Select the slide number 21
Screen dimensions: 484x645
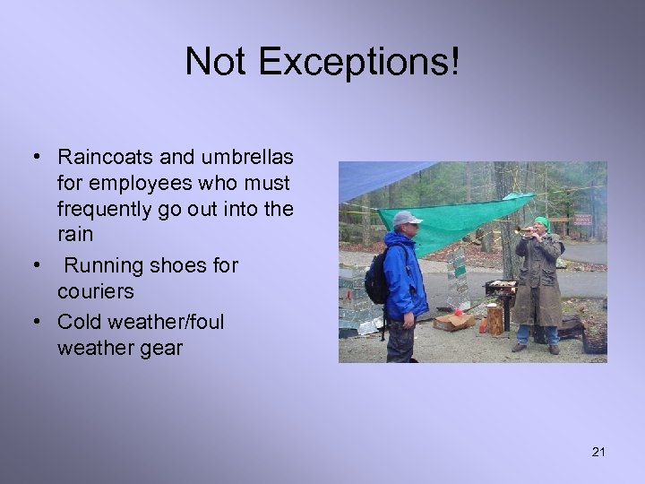coord(598,452)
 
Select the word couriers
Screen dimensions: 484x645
coord(95,292)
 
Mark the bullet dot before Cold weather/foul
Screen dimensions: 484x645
coord(35,320)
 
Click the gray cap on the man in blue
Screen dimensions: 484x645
coord(406,218)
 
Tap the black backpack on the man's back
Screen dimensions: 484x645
coord(377,280)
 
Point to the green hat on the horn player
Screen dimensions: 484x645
coord(541,221)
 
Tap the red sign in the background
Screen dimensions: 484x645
coord(583,220)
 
